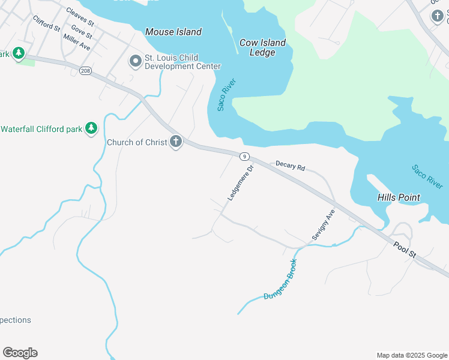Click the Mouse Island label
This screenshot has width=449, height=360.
pos(173,32)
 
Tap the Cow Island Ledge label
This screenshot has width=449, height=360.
pos(262,47)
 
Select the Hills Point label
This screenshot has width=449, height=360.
pos(399,197)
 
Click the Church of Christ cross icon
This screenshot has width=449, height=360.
pos(175,142)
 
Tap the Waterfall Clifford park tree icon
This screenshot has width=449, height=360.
pos(91,128)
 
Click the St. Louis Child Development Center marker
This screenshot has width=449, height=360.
pos(136,61)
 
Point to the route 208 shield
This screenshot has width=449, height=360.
pos(85,71)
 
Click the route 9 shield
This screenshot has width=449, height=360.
pos(244,157)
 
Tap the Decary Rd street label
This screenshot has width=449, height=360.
pos(291,166)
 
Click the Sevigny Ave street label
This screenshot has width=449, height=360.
pos(322,226)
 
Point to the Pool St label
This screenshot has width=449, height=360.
pos(405,250)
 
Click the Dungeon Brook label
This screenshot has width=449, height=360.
pos(280,280)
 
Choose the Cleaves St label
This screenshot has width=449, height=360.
pos(80,17)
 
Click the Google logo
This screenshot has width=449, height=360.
pos(20,353)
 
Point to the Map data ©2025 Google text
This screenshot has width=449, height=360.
pos(412,355)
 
